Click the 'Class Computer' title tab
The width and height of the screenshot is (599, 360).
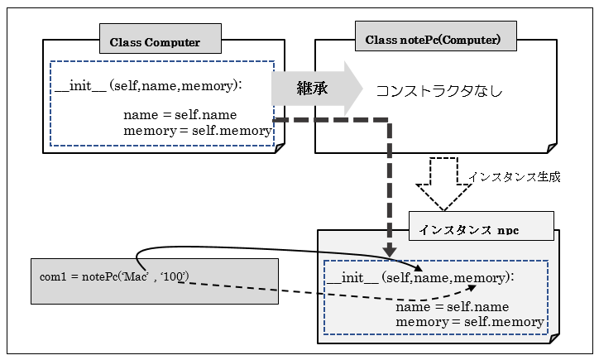tap(155, 42)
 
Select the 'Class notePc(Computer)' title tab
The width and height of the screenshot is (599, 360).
tap(433, 40)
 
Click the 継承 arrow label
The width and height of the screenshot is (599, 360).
tap(313, 88)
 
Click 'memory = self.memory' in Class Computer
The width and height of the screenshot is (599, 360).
tap(197, 130)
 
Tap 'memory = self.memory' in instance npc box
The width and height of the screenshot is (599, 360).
tap(470, 321)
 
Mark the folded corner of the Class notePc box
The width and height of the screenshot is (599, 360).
tap(551, 146)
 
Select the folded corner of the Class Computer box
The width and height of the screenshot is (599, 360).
tap(278, 146)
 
